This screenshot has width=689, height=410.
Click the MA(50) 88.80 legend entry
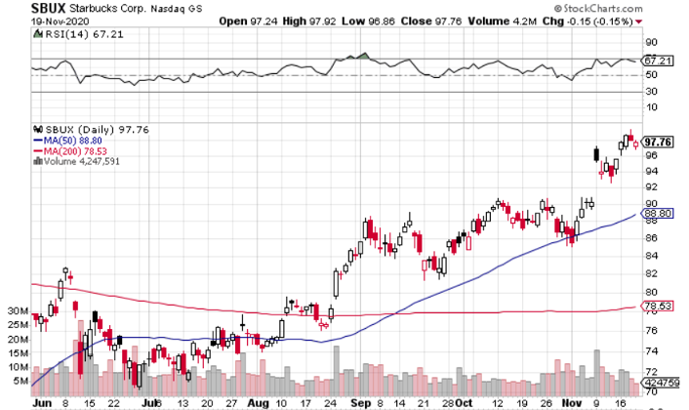tap(68, 140)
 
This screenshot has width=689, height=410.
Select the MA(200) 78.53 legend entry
tap(71, 151)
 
